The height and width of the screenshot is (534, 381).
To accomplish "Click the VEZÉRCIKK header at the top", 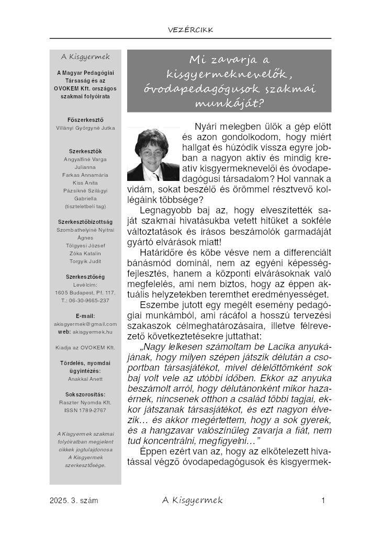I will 190,30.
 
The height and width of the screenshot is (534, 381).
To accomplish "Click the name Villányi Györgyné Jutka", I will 85,128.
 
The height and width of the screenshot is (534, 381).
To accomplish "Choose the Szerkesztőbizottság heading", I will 85,222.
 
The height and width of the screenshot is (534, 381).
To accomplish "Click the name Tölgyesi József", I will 85,245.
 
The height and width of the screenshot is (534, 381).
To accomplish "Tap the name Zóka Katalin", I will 85,253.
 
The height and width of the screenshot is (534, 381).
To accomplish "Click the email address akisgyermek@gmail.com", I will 85,324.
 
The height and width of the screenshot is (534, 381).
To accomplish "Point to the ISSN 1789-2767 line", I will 85,410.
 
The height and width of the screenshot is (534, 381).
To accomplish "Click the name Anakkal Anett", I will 85,379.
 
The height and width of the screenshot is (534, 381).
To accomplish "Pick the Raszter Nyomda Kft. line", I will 85,402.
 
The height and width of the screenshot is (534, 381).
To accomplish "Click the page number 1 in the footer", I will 324,501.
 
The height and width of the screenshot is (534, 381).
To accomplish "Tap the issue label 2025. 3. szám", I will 74,501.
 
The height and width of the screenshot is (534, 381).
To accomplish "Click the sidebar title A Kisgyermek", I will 85,56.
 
